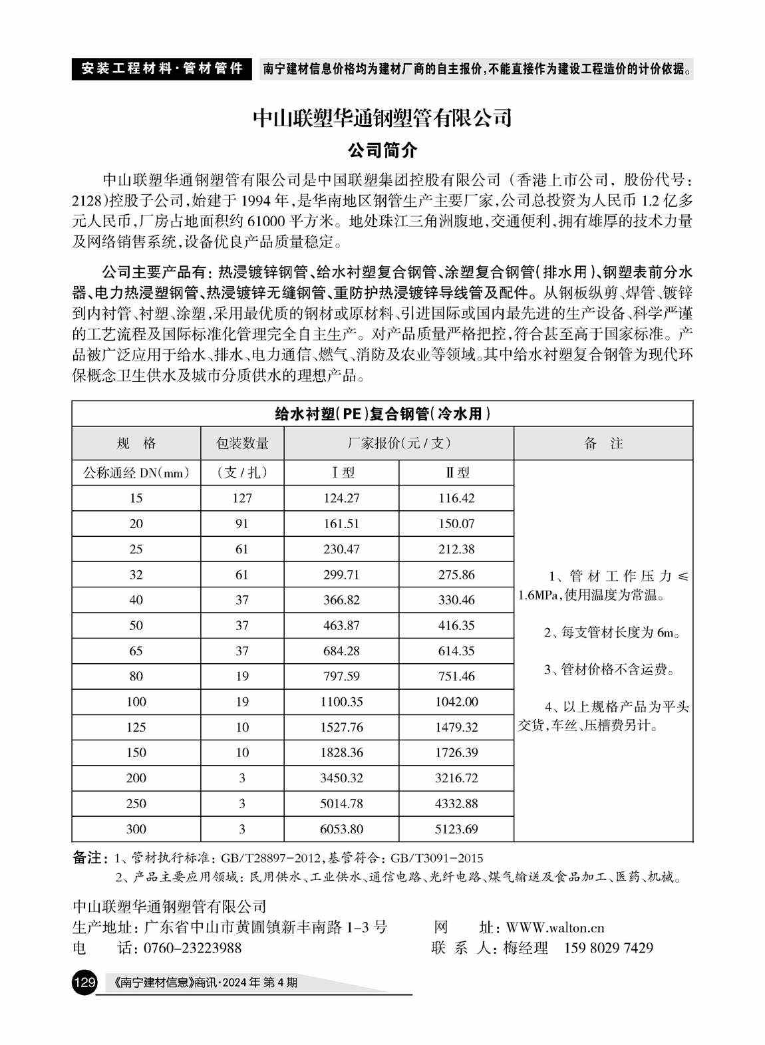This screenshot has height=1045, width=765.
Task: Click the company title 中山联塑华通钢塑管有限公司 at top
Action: pyautogui.click(x=382, y=118)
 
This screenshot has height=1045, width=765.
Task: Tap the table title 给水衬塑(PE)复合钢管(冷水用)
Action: pyautogui.click(x=382, y=414)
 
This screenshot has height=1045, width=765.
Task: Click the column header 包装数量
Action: pyautogui.click(x=242, y=444)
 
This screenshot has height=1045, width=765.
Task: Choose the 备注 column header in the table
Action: pyautogui.click(x=603, y=444)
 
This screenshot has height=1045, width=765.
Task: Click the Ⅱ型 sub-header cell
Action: pyautogui.click(x=457, y=473)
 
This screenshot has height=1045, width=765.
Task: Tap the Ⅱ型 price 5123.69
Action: pyautogui.click(x=457, y=829)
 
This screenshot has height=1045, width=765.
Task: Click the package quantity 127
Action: pyautogui.click(x=242, y=498)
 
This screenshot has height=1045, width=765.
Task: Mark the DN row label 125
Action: pyautogui.click(x=136, y=728)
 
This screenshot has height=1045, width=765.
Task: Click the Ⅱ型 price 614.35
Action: pyautogui.click(x=457, y=651)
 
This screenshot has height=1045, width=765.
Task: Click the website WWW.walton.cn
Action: pyautogui.click(x=555, y=927)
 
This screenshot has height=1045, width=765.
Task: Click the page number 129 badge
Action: pyautogui.click(x=84, y=982)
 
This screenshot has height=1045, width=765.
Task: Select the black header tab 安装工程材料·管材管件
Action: pyautogui.click(x=162, y=69)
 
